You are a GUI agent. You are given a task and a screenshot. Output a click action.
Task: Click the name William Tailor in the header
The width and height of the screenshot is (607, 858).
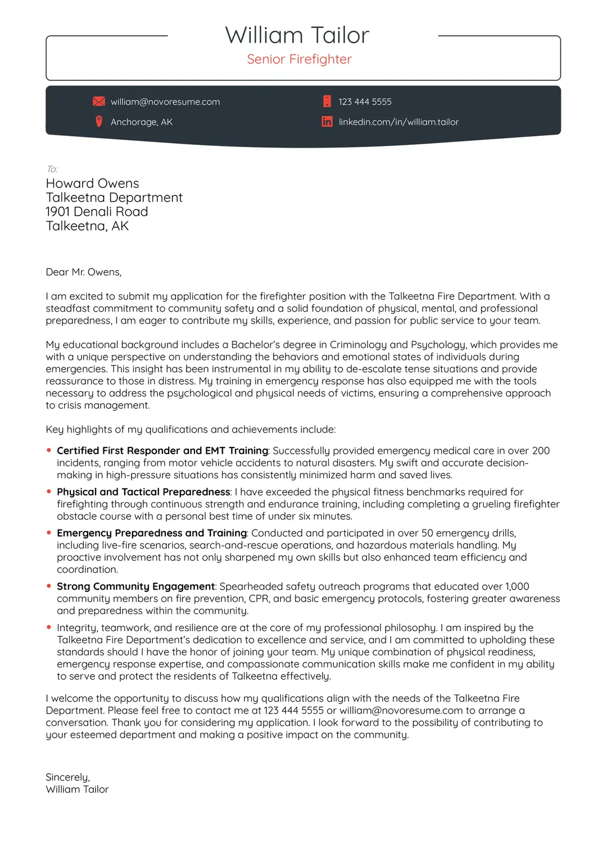[x=297, y=35]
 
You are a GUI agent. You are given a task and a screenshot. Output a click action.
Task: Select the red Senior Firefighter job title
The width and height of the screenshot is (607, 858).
[x=299, y=60]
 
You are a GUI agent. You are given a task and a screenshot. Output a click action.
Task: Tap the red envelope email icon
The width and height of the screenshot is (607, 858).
[x=99, y=102]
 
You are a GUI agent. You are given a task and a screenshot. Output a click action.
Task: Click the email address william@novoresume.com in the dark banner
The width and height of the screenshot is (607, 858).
[x=165, y=102]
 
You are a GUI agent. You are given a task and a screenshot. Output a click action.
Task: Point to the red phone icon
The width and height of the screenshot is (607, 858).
[x=327, y=102]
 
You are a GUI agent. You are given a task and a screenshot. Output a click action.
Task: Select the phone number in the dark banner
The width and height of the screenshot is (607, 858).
[x=365, y=102]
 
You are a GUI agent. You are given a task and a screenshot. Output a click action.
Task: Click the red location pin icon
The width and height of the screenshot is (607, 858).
[x=99, y=121]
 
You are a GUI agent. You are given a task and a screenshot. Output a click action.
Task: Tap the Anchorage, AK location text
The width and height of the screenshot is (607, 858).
[x=142, y=122]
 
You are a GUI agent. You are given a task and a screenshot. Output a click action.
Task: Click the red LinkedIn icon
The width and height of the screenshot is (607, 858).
[x=327, y=121]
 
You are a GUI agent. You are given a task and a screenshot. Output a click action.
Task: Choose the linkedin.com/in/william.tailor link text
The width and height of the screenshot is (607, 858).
[x=398, y=122]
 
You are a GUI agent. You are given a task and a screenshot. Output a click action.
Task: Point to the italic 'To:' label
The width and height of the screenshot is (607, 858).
[x=52, y=169]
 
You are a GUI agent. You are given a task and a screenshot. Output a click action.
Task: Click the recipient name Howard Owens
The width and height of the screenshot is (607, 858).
[x=92, y=184]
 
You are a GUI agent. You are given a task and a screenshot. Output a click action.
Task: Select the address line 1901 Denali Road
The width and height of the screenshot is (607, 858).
[x=97, y=212]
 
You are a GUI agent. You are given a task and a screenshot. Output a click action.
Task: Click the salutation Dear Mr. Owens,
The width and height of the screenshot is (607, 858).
[x=84, y=272]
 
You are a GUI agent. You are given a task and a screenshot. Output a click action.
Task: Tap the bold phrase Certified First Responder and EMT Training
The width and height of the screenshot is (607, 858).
[x=162, y=451]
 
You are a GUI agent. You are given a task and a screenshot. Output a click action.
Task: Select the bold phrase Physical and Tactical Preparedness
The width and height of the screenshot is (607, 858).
[x=143, y=492]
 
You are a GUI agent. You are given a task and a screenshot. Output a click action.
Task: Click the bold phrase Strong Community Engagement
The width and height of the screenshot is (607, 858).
[x=136, y=586]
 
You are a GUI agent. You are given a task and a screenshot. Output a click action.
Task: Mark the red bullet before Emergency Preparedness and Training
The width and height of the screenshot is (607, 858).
[x=49, y=532]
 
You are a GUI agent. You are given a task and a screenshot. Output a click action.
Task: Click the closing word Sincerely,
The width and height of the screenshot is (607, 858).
[x=67, y=777]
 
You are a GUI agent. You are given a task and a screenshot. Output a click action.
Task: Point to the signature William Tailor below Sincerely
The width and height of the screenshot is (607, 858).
[x=77, y=789]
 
